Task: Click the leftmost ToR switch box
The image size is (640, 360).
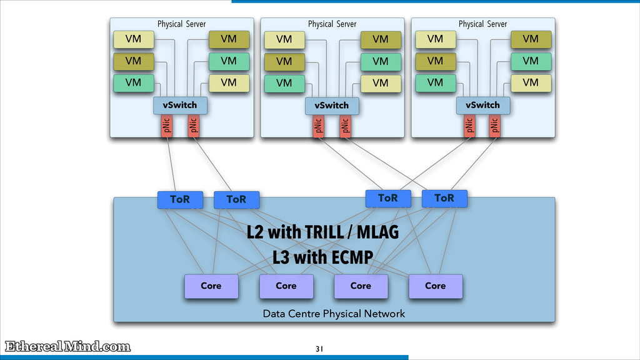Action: (x=180, y=199)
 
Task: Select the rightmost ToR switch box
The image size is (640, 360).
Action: (x=444, y=198)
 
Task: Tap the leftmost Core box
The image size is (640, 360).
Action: (x=211, y=286)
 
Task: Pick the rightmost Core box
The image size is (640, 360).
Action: (x=436, y=286)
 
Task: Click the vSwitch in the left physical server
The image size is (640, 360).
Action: (x=180, y=105)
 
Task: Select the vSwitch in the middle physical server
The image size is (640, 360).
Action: (x=332, y=106)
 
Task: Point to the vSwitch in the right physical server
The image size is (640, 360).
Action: (x=483, y=105)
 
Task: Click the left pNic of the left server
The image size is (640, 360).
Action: (x=166, y=126)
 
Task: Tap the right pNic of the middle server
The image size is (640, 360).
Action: (x=345, y=126)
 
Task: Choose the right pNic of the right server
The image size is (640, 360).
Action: (x=495, y=126)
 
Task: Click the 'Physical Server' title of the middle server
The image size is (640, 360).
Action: (x=332, y=24)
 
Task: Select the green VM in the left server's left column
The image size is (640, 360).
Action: (x=134, y=83)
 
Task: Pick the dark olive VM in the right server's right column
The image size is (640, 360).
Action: (x=531, y=39)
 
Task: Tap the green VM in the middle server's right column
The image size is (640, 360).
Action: (x=381, y=62)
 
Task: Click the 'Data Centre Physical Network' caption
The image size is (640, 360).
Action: (x=334, y=314)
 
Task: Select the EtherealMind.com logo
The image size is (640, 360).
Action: (x=67, y=346)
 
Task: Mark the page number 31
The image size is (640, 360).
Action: (x=319, y=349)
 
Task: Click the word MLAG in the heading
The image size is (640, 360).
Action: (x=377, y=232)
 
